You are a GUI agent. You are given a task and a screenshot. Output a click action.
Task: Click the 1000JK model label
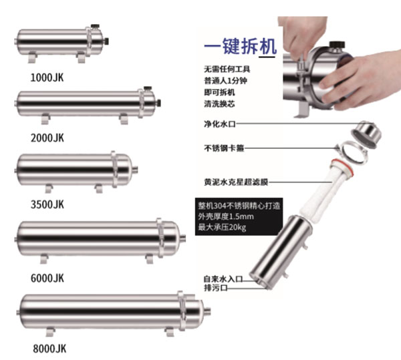[x=47, y=77]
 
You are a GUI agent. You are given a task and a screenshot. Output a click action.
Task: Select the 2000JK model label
[x=47, y=138]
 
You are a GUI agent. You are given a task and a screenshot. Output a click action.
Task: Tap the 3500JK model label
[x=47, y=204]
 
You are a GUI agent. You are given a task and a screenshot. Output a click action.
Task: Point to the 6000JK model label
[x=47, y=278]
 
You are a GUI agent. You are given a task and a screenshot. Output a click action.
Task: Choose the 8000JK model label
[x=49, y=349]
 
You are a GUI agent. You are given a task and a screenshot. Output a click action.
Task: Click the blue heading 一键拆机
[x=240, y=46]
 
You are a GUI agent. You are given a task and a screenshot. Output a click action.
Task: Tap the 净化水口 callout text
[x=220, y=124]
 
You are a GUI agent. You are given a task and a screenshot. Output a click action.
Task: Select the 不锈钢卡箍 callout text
[x=224, y=148]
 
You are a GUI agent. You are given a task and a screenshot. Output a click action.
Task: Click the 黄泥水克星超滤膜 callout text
[x=236, y=182]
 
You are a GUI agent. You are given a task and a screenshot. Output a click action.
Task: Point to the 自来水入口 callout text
[x=223, y=279]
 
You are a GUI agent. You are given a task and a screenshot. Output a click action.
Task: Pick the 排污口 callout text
[x=216, y=288]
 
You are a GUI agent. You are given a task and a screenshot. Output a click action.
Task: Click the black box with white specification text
[x=239, y=216]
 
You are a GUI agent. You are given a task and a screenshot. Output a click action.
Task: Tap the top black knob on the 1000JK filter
[x=95, y=26]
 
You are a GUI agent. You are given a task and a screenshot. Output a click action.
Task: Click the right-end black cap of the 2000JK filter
[x=159, y=103]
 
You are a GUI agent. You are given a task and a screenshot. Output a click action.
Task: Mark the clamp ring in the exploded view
[x=353, y=152]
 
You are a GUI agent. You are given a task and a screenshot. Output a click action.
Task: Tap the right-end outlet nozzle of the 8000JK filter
[x=207, y=312]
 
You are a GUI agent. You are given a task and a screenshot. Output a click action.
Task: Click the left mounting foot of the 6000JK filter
[x=44, y=258]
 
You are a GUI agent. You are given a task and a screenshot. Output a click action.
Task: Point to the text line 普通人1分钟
[x=226, y=81]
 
